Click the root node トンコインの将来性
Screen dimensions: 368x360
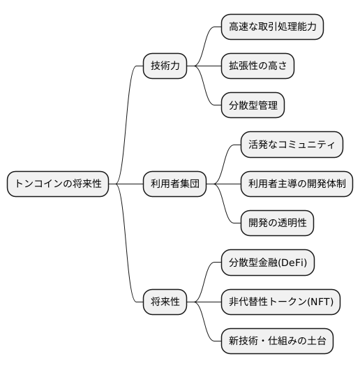point(58,184)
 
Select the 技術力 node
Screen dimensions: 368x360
point(165,66)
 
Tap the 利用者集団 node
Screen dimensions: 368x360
point(175,184)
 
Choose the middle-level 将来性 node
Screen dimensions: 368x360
point(165,302)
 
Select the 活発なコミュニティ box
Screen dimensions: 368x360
point(292,145)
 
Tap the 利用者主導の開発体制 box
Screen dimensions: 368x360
point(297,184)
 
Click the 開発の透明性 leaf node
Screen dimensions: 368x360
point(277,223)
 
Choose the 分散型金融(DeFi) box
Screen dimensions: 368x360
point(267,263)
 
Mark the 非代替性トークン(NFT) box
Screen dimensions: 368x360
point(281,302)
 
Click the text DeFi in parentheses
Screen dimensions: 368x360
point(295,263)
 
